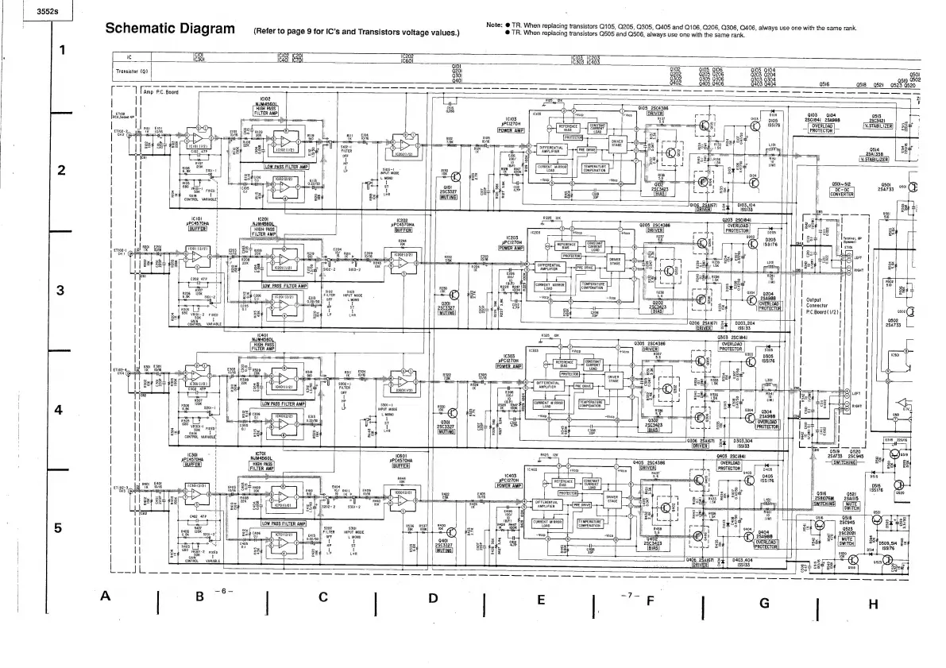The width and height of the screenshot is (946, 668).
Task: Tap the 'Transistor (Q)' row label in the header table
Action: (132, 71)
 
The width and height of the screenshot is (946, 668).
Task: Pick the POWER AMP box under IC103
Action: (512, 131)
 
